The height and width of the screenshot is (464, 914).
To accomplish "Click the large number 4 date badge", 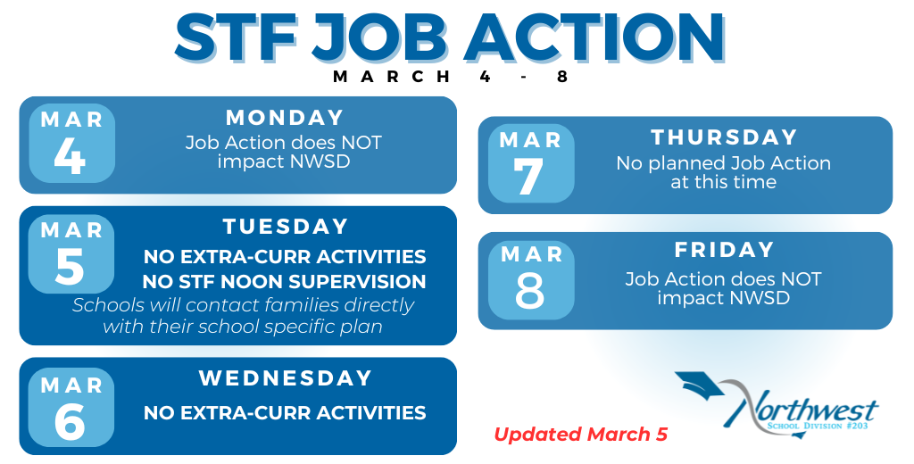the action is click(x=71, y=144).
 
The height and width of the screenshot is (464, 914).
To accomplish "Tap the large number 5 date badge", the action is click(x=71, y=254).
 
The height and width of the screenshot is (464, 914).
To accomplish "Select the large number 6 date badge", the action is click(x=71, y=408).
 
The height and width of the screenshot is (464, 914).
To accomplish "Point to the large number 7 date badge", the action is click(x=531, y=163).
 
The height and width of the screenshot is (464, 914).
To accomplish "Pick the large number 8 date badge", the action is click(x=531, y=280).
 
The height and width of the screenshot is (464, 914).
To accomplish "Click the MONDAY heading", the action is click(x=285, y=118).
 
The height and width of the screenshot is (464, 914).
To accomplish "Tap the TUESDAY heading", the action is click(x=286, y=227).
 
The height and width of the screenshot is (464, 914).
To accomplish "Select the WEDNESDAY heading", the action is click(x=286, y=378).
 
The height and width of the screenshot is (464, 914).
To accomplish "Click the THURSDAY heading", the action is click(x=725, y=137).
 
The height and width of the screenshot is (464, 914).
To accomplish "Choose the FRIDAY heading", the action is click(x=725, y=250).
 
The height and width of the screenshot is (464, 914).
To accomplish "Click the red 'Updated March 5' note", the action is click(x=581, y=435).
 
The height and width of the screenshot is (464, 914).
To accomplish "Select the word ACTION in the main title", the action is click(x=594, y=37).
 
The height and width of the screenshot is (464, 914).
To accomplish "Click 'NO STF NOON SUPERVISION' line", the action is click(x=285, y=282).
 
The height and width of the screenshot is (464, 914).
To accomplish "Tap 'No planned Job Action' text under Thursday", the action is click(x=723, y=163).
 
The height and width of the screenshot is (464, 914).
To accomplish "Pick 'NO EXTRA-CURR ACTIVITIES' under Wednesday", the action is click(x=285, y=413).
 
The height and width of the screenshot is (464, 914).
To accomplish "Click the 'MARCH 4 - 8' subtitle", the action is click(x=451, y=77).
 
